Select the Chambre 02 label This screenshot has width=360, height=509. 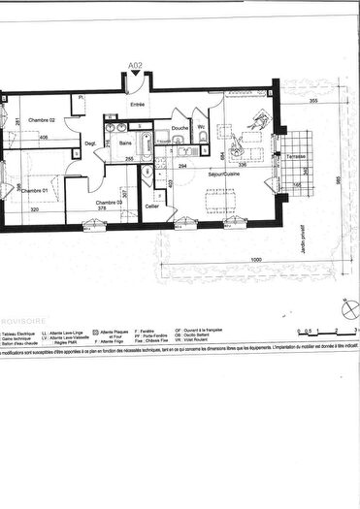(43, 119)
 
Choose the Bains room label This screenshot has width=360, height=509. (126, 142)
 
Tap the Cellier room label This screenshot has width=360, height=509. (151, 206)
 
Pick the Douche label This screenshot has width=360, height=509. (180, 127)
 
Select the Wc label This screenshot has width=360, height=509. (200, 127)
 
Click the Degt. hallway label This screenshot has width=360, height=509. (90, 143)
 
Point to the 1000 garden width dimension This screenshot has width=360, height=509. (254, 259)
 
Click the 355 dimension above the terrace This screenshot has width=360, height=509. (313, 101)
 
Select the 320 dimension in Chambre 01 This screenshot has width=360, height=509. (33, 209)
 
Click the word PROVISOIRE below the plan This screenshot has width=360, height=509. (22, 316)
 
